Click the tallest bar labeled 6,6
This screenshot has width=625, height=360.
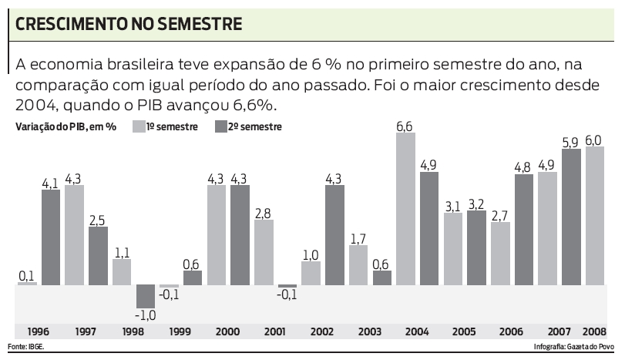(x=405, y=208)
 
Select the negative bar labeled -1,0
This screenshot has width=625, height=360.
(x=145, y=296)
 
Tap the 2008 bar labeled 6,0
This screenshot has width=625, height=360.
(x=594, y=215)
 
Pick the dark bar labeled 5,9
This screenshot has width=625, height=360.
(x=571, y=217)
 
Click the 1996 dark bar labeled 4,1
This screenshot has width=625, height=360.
(x=50, y=237)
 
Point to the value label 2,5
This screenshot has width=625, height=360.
(x=98, y=220)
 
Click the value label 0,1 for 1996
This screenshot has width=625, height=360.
(x=27, y=276)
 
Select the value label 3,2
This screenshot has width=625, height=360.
(x=476, y=204)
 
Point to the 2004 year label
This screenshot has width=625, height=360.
(x=417, y=331)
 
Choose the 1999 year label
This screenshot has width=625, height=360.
(x=180, y=331)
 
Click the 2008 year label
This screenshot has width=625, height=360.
(x=594, y=331)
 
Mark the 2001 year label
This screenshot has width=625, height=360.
(x=275, y=331)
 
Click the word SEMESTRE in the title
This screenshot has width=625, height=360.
(x=200, y=24)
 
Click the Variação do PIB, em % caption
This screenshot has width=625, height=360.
(x=66, y=126)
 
